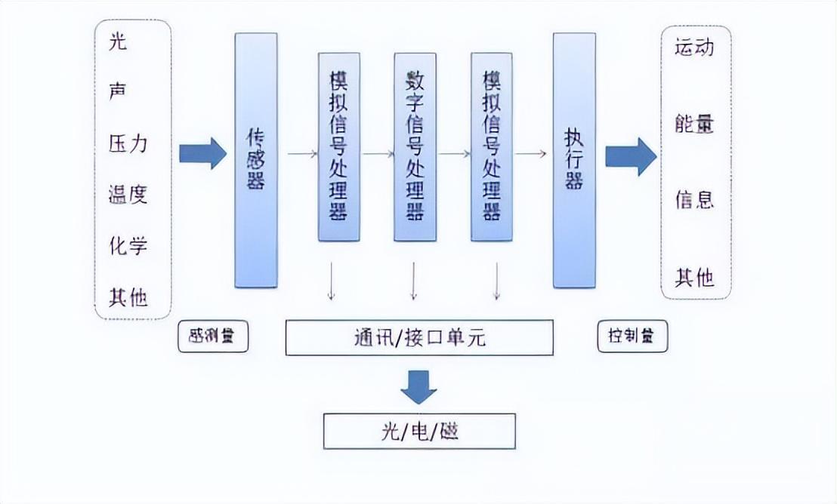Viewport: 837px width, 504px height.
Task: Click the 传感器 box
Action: click(x=256, y=160)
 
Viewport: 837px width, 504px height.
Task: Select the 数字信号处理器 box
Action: click(x=415, y=146)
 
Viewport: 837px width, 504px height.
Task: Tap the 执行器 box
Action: click(x=574, y=160)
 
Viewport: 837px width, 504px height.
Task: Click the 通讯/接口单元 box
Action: click(x=419, y=337)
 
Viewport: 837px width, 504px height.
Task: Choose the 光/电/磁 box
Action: click(x=419, y=432)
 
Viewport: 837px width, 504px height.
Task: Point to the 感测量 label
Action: click(x=213, y=337)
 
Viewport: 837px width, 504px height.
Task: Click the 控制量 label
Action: click(x=632, y=337)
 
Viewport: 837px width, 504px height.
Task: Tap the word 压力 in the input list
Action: click(x=128, y=144)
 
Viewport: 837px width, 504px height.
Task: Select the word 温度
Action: click(x=128, y=195)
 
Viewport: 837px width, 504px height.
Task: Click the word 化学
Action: click(x=128, y=246)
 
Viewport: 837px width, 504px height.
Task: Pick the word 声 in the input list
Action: click(x=118, y=93)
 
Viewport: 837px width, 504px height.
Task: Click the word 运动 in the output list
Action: click(x=694, y=48)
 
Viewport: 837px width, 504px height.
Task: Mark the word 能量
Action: click(x=694, y=124)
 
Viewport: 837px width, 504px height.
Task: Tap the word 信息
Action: click(x=694, y=200)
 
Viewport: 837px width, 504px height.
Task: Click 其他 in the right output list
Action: click(x=694, y=278)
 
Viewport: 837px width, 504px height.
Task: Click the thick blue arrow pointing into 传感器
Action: click(x=202, y=153)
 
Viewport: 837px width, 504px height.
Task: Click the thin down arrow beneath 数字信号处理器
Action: click(x=413, y=282)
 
